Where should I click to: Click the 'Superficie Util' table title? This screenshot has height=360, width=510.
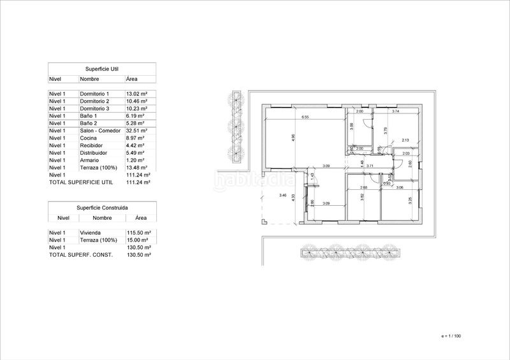point(102,69)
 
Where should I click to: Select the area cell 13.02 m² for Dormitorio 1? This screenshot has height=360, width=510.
point(137,94)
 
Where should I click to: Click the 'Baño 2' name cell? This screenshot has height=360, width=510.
point(89,123)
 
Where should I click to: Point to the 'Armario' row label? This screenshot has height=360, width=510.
point(90,160)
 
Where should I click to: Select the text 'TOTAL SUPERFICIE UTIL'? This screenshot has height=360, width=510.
point(80,182)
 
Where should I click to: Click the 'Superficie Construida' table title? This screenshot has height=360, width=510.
point(102,208)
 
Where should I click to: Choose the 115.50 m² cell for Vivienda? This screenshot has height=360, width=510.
point(138,233)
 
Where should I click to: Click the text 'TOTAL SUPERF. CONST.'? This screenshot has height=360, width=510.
point(80,255)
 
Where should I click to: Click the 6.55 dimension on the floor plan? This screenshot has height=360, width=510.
point(305,117)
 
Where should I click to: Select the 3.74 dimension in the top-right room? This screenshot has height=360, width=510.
point(395,112)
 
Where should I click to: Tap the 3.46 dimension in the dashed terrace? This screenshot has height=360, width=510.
point(282,195)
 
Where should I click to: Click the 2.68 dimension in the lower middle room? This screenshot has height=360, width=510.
point(363,187)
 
